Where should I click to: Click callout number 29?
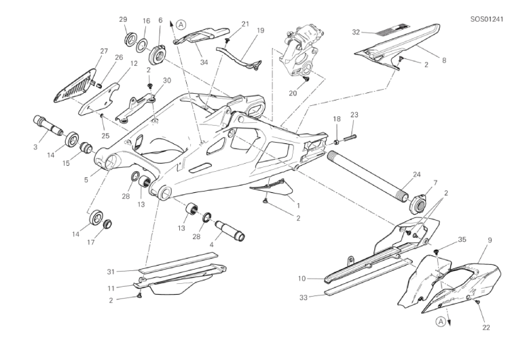click(124, 20)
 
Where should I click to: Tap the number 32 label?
click(357, 31)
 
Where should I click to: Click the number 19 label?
click(240, 30)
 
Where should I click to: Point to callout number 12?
click(134, 64)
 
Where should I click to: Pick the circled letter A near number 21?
click(180, 24)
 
